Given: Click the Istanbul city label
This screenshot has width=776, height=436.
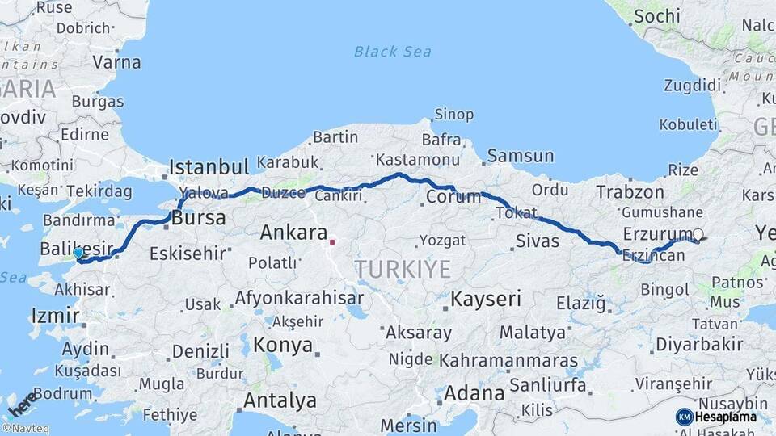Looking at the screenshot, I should click(x=209, y=168).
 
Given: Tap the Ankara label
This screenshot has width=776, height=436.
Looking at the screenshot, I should click(x=293, y=233).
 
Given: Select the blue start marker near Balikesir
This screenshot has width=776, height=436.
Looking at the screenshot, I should click(x=78, y=254).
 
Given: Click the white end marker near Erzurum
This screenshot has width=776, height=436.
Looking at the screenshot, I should click(x=698, y=235).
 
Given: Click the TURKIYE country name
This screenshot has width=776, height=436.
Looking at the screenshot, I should click(x=403, y=270).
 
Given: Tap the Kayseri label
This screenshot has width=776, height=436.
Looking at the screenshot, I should click(x=485, y=299).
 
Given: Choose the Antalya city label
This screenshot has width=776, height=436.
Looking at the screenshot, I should click(x=280, y=400).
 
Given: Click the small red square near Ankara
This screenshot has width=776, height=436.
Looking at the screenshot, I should click(x=332, y=241).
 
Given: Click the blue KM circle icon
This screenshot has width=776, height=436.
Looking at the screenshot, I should click(x=684, y=417).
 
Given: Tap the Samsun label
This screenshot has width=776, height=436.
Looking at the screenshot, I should click(x=520, y=156).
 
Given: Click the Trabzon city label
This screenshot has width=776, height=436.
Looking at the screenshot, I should click(x=630, y=192).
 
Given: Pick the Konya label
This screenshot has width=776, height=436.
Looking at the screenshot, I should click(x=282, y=346).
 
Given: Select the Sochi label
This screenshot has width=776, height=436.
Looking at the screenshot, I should click(x=656, y=16).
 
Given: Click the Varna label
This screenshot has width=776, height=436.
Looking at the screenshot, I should click(x=117, y=62).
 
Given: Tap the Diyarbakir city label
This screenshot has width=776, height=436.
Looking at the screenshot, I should click(x=699, y=344).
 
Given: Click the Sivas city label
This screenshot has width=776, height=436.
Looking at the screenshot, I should click(x=537, y=240).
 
